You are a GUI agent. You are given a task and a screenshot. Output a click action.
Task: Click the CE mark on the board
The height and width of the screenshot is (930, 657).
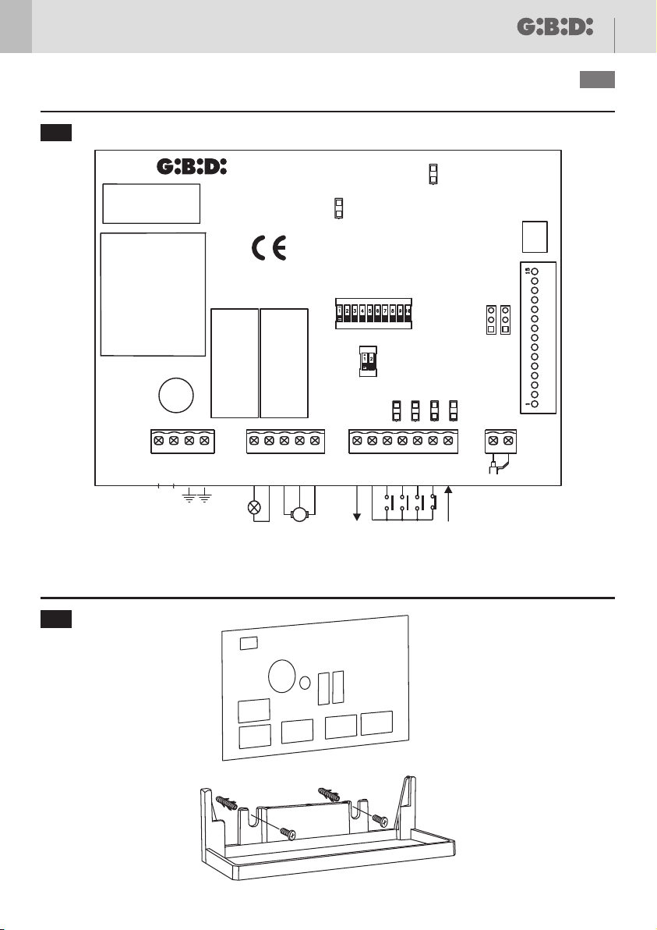(270, 247)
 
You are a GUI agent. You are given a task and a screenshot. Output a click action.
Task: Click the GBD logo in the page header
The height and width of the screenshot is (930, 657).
(555, 27)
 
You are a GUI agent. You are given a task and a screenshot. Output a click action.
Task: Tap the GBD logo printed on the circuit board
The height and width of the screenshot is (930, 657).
(192, 167)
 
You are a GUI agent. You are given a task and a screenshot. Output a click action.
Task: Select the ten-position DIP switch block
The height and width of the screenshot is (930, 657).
(373, 313)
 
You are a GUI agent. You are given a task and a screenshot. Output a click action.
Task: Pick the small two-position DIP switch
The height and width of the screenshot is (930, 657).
(367, 360)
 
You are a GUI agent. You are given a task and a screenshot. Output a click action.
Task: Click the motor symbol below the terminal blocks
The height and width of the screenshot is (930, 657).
(299, 513)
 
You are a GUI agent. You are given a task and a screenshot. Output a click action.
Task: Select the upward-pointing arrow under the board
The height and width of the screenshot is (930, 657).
(449, 489)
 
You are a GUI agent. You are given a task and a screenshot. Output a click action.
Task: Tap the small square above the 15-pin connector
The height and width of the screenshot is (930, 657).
(534, 235)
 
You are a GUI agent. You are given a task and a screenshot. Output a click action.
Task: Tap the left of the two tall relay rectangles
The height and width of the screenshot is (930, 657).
(235, 363)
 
